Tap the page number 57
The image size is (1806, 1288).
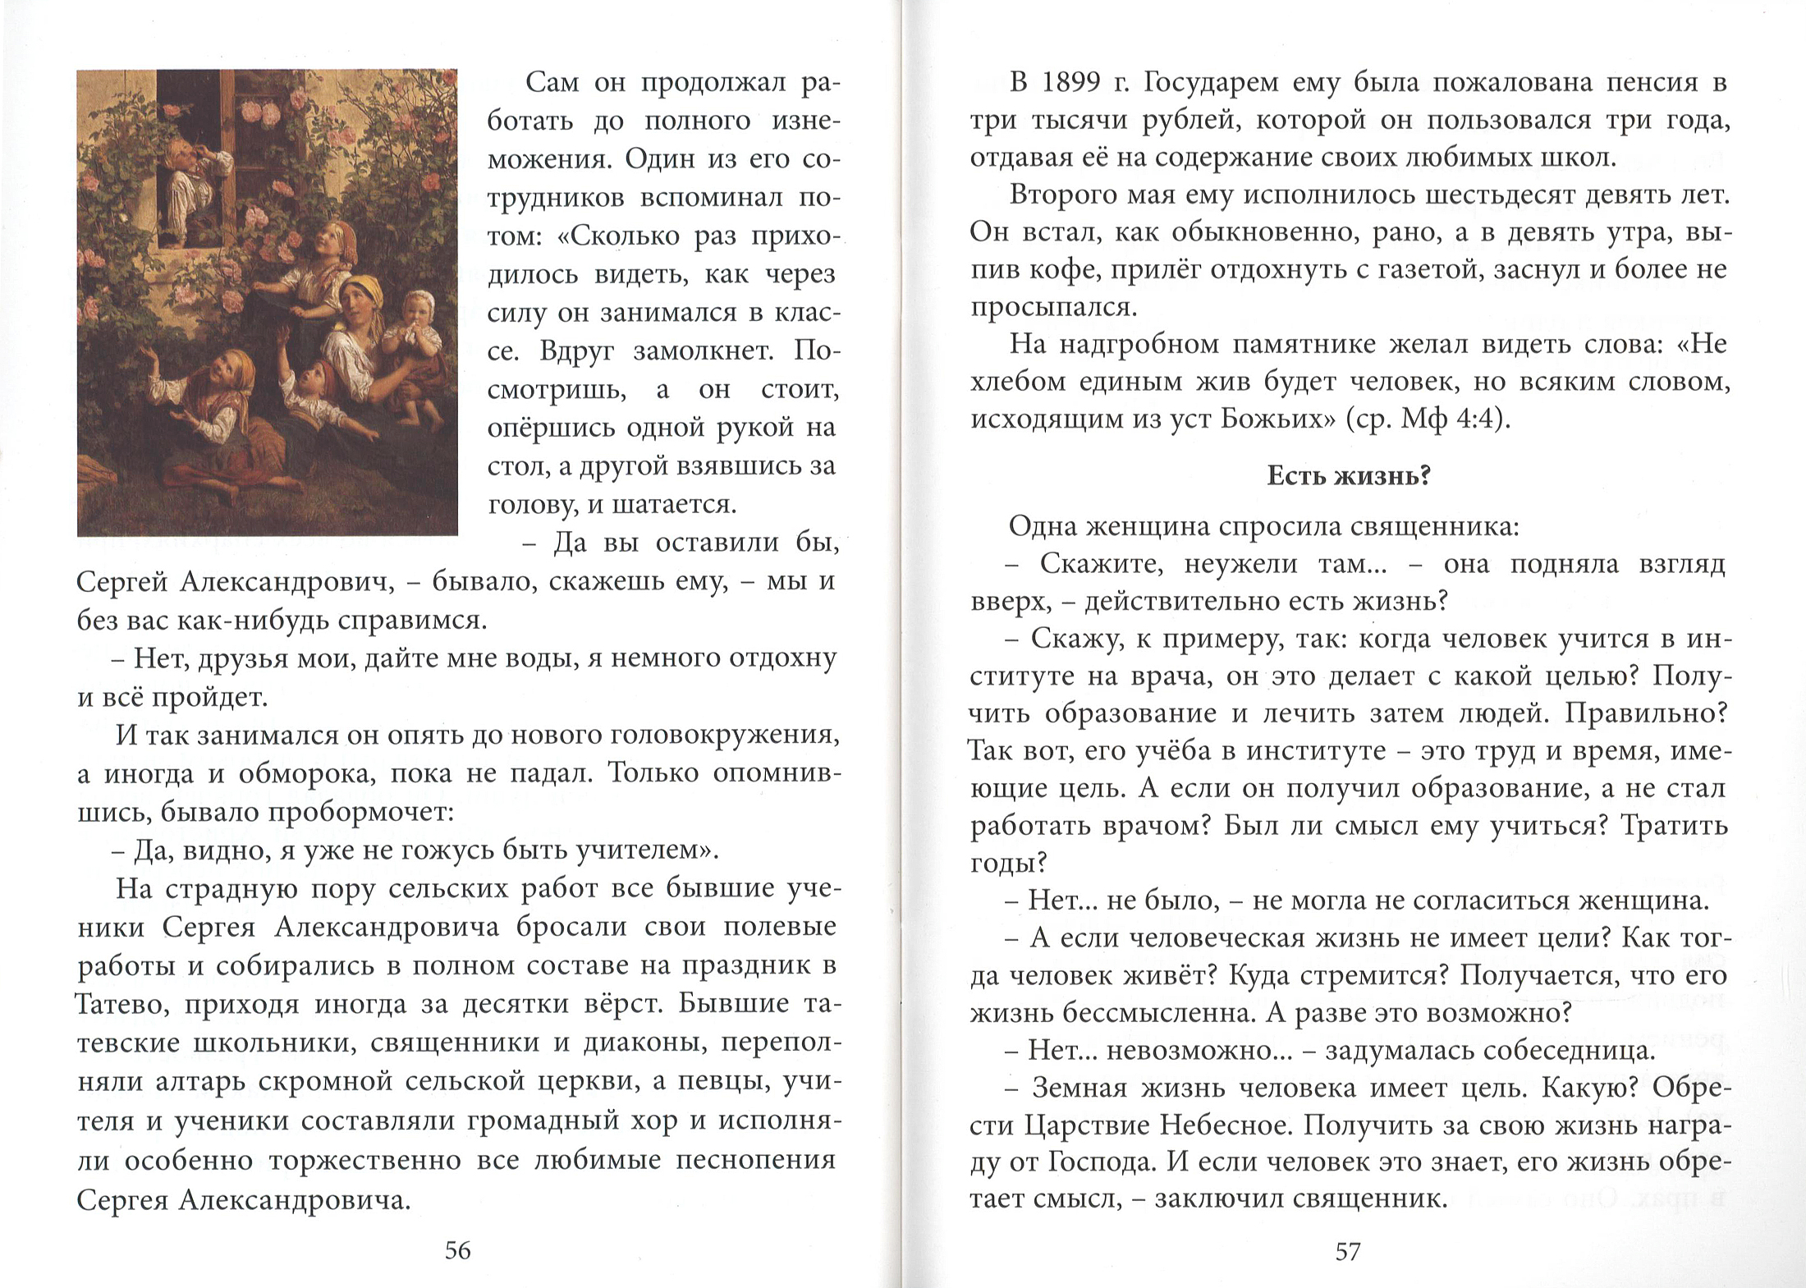pos(1347,1251)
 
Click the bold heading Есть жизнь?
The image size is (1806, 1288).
pos(1349,476)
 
